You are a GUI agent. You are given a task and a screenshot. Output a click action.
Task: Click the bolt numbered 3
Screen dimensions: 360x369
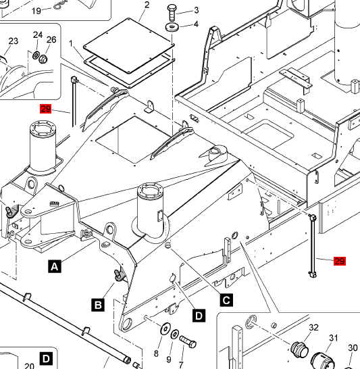[x=172, y=13]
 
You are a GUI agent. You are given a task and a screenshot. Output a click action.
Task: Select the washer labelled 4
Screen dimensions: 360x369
[x=172, y=27]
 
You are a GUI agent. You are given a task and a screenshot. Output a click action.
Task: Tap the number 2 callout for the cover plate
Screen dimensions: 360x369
[x=147, y=5]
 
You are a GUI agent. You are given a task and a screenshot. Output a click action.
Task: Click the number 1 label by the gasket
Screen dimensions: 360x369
[x=71, y=44]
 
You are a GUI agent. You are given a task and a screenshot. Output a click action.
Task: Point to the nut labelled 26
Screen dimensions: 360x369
[x=43, y=59]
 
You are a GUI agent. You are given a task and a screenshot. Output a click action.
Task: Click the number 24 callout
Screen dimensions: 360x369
[x=38, y=35]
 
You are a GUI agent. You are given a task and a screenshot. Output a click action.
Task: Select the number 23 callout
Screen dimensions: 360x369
[x=13, y=41]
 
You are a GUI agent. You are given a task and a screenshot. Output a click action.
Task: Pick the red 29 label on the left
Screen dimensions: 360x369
[x=45, y=109]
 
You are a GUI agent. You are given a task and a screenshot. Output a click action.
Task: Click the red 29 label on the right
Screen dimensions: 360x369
[x=340, y=262]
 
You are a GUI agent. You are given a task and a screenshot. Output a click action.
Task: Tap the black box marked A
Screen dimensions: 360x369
[x=55, y=267]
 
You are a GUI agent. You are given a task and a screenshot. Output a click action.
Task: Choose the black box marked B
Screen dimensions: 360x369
[x=98, y=305]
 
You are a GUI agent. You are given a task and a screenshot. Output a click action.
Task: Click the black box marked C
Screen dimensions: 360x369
[x=226, y=300]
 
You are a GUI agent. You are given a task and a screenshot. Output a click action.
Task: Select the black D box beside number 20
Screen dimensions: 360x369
[x=46, y=359]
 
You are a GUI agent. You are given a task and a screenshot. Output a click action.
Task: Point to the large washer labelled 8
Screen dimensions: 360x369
[x=165, y=328]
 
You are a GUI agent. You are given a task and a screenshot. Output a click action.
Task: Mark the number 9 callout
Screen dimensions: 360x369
[x=169, y=360]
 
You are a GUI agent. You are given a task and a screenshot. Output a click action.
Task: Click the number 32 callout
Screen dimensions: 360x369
[x=313, y=327]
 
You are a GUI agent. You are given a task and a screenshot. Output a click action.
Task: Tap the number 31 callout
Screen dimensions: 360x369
[x=334, y=338]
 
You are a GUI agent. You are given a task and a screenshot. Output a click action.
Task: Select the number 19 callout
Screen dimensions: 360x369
[x=36, y=11]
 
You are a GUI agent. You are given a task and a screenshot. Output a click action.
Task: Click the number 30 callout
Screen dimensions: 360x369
[x=353, y=348]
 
